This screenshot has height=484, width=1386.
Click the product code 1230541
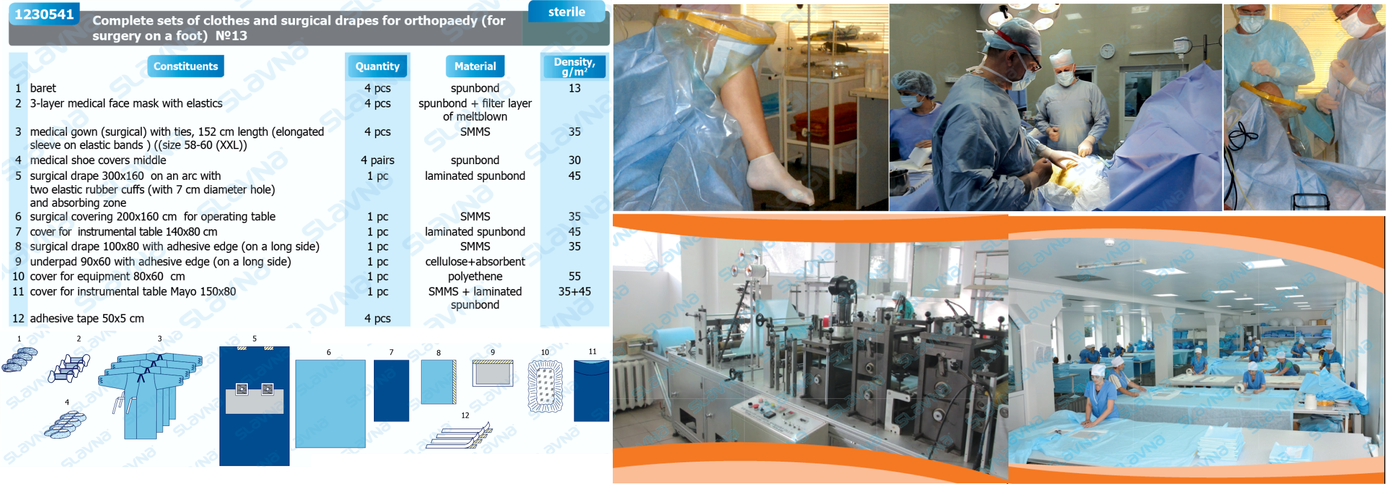click(43, 14)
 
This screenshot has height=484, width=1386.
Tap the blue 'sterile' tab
click(566, 11)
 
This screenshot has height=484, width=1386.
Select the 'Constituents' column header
click(185, 66)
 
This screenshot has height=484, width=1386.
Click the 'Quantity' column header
click(377, 66)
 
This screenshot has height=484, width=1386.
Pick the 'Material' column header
click(475, 66)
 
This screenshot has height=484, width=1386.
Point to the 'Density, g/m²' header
click(574, 66)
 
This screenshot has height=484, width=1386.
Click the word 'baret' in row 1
click(43, 88)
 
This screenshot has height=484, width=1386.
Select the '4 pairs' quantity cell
click(377, 160)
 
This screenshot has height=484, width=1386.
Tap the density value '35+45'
click(574, 291)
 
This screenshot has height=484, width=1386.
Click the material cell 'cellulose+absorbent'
click(475, 261)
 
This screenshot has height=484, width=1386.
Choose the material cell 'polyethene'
click(475, 276)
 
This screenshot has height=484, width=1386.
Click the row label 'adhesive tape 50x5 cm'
click(87, 319)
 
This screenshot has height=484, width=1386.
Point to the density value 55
click(574, 276)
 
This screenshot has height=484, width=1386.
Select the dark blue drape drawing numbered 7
click(391, 390)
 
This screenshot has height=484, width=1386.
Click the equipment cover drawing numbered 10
click(545, 386)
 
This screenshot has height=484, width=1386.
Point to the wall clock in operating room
click(1107, 51)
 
